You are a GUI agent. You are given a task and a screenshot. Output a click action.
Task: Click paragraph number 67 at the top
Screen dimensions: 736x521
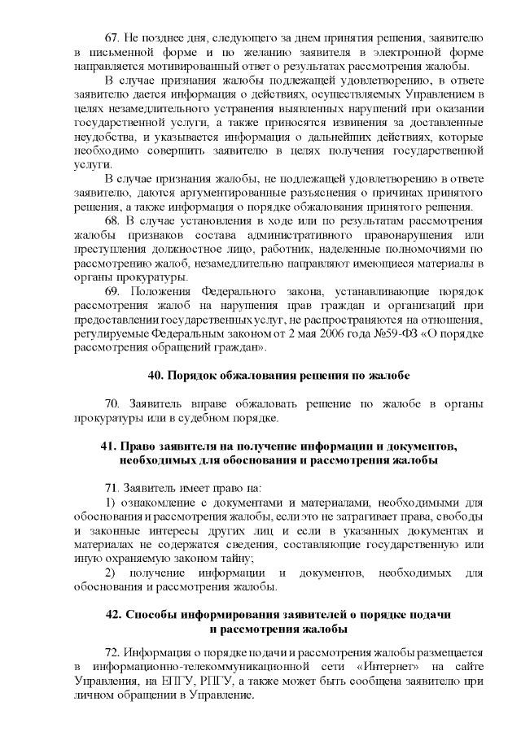113,39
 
